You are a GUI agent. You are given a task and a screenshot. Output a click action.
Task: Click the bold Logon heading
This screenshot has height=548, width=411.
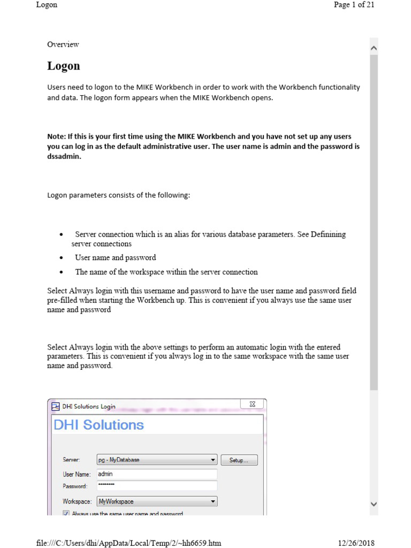coord(64,66)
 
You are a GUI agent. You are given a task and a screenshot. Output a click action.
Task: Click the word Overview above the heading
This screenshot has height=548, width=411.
coord(63,44)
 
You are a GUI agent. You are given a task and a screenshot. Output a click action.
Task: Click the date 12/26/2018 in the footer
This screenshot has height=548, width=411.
coord(356,543)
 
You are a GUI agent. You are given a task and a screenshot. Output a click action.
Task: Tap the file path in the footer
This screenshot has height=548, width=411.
coord(128,543)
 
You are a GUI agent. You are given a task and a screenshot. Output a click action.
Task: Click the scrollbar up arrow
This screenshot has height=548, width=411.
coord(374,48)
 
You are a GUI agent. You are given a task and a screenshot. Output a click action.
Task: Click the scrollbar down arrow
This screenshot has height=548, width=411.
coord(374,504)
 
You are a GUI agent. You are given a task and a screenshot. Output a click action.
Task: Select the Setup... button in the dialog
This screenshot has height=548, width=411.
coord(239,460)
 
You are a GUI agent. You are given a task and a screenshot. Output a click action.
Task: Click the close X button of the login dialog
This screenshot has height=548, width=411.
coord(253,405)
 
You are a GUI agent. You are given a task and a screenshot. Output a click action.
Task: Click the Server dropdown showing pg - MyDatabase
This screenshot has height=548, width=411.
coord(157,460)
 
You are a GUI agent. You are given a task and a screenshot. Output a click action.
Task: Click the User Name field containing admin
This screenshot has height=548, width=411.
coord(157,474)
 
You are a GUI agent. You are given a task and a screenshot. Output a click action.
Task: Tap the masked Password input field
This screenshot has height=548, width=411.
coord(157,486)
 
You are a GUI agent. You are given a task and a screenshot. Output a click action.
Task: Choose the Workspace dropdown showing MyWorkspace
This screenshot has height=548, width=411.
coord(157,501)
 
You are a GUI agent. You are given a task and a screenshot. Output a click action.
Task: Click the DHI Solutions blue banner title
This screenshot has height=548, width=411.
coord(99,425)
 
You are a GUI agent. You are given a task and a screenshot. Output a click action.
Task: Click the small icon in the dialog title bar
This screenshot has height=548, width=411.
coord(56,406)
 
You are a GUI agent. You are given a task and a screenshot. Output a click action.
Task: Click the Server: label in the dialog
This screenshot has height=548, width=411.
coord(71,460)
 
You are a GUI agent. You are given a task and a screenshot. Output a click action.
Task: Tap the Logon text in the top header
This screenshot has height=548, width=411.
coord(47,5)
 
